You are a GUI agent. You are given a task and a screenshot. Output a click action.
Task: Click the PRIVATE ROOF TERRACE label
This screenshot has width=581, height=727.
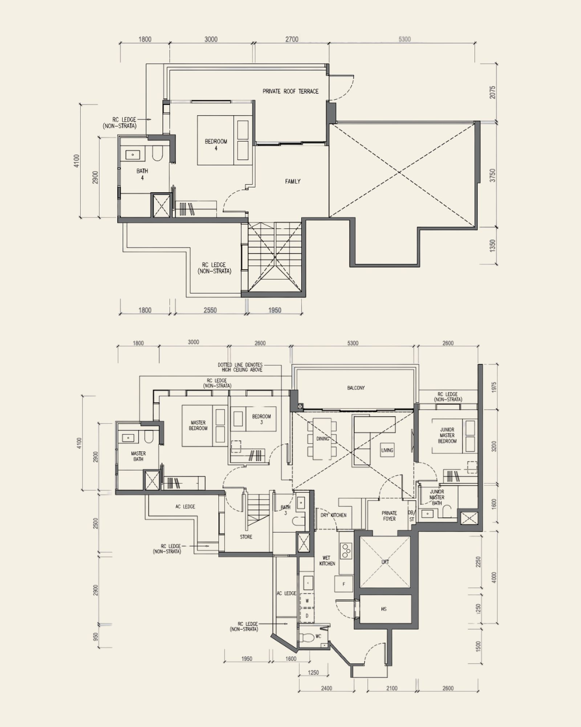[x=290, y=91]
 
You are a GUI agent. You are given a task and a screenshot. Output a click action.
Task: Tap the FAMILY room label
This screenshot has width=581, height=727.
[x=293, y=181]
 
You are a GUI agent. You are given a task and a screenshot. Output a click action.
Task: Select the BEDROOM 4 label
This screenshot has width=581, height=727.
[x=216, y=145]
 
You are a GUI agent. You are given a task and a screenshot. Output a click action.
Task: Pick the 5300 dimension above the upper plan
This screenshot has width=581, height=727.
[x=405, y=39]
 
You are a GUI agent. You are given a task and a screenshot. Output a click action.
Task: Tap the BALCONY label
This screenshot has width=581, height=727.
[x=356, y=388]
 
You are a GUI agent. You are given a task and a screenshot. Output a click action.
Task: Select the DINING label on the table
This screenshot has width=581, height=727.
[x=322, y=439]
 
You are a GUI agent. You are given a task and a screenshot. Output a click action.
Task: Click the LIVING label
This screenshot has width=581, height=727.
[x=387, y=450]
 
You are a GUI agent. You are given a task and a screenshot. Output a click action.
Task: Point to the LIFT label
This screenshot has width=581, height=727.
[x=385, y=562]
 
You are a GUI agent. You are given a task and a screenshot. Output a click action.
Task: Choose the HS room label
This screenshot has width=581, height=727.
[x=384, y=609]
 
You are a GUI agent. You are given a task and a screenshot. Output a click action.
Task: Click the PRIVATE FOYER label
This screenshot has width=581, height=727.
[x=389, y=516]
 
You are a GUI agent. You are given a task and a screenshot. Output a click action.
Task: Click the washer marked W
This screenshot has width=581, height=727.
[x=307, y=601]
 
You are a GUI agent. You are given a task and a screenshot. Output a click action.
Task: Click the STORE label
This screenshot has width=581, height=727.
[x=246, y=537]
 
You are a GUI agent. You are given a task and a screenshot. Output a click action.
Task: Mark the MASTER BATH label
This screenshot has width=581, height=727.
[x=138, y=456]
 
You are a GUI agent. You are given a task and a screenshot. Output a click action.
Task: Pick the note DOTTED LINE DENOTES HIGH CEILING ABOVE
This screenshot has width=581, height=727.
[x=240, y=367]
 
